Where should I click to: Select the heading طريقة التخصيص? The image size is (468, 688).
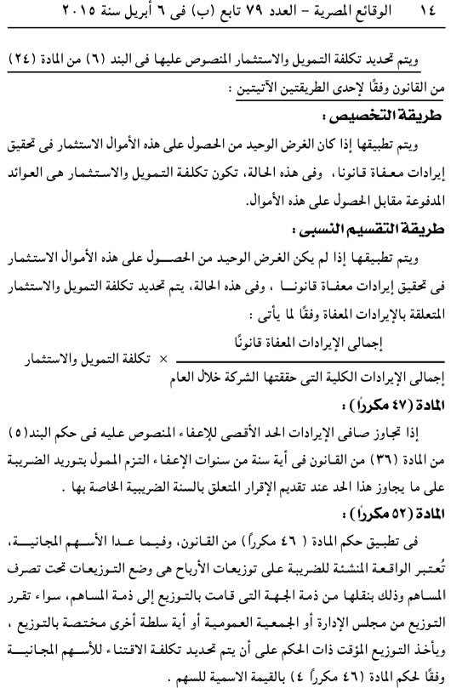387,111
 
